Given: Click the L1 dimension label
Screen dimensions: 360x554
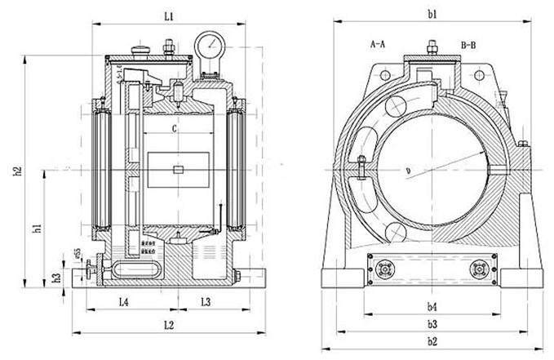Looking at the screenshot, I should coord(167,16).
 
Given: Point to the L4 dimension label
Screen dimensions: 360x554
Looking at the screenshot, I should coord(123,302).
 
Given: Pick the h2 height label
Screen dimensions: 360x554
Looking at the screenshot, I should coord(17,174).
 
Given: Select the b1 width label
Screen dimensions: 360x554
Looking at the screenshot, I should coord(433,15).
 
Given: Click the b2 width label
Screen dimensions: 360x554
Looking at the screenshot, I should coord(433,341).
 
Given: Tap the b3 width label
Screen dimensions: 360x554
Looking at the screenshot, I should coord(433,325).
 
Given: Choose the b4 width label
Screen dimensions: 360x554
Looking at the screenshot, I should coord(433,307).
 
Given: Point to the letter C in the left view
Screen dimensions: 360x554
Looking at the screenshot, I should coord(175,129).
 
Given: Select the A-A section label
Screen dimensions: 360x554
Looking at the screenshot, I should coord(378,42).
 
